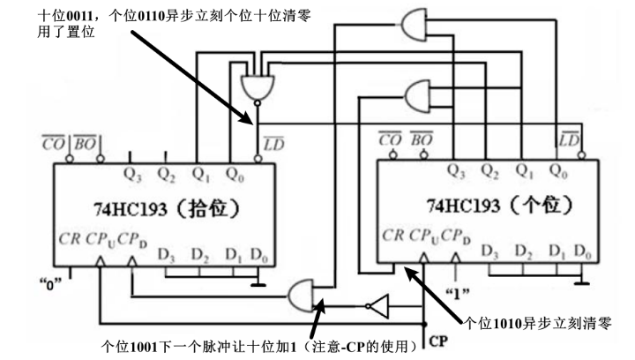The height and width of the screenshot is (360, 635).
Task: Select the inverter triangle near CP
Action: click(x=379, y=306)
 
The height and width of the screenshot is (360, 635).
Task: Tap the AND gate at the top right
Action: click(x=415, y=25)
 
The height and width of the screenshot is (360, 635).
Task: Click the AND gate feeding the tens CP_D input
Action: click(x=301, y=296)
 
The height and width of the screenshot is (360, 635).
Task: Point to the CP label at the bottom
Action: click(x=438, y=341)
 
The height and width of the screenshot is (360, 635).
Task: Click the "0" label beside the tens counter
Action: click(x=50, y=284)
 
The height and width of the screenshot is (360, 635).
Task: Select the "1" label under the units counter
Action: click(x=457, y=293)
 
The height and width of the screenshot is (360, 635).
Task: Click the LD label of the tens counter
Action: click(x=273, y=144)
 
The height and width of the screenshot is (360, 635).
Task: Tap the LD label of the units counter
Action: click(x=569, y=139)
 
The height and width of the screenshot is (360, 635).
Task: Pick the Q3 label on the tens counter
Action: click(x=132, y=175)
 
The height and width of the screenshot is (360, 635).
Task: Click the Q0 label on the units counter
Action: click(x=558, y=171)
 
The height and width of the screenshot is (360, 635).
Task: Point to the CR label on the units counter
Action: click(x=392, y=235)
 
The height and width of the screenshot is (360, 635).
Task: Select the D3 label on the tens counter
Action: click(x=167, y=255)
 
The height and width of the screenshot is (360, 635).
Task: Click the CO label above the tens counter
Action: click(x=54, y=143)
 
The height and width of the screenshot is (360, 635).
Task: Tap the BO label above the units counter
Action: click(x=422, y=139)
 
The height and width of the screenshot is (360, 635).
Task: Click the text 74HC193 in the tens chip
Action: click(x=131, y=209)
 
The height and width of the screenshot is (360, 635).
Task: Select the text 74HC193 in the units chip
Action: click(x=463, y=206)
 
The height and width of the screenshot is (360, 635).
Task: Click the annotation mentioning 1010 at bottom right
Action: click(x=537, y=323)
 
